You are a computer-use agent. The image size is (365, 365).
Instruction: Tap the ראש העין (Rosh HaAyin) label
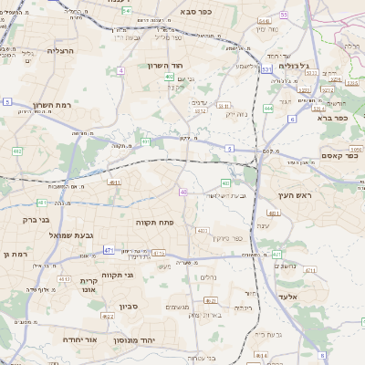pyautogui.click(x=297, y=196)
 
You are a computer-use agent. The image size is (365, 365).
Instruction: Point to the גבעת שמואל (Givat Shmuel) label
pyautogui.click(x=60, y=236)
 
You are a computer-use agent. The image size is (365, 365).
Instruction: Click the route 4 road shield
pyautogui.click(x=120, y=69)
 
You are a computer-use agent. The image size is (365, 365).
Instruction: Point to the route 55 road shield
pyautogui.click(x=284, y=15)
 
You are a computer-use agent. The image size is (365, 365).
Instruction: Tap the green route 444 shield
pyautogui.click(x=267, y=108)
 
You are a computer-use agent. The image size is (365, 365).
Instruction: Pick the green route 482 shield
pyautogui.click(x=17, y=151)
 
